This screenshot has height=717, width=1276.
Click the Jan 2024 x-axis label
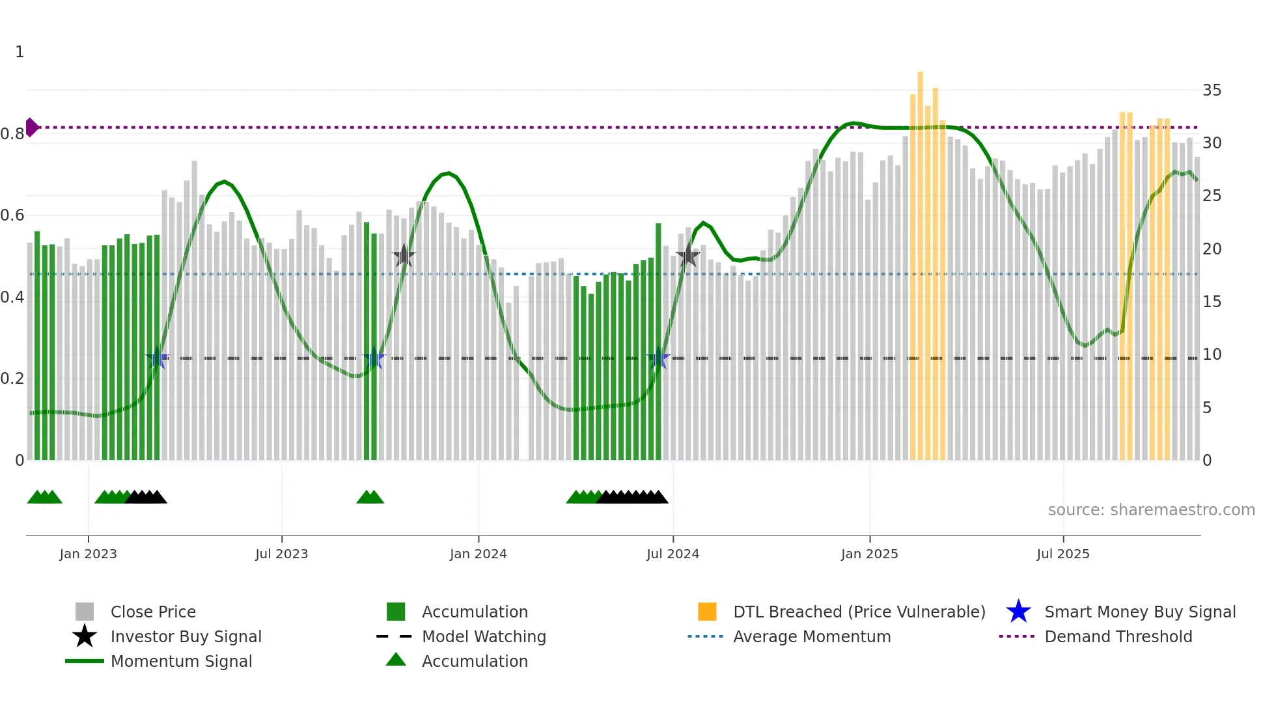[x=478, y=554]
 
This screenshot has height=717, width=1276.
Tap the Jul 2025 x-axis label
[x=1062, y=554]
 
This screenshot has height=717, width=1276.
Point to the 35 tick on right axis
[x=1212, y=90]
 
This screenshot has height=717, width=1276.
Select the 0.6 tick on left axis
[x=12, y=215]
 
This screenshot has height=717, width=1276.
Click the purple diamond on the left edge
[x=31, y=128]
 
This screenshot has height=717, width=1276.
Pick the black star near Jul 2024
[x=687, y=256]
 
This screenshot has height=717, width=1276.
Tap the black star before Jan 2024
[x=404, y=256]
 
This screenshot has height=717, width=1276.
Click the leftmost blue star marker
[x=157, y=358]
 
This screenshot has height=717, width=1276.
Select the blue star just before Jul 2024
[x=658, y=358]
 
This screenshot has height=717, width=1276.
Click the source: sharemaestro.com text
[x=1151, y=510]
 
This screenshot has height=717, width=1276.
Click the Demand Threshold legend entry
[x=1118, y=636]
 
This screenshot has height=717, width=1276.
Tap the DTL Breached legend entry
[x=859, y=612]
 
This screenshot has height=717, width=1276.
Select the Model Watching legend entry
[x=483, y=636]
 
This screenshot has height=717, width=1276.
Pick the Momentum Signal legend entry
[x=181, y=661]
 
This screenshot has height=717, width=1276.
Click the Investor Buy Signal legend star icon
[x=85, y=636]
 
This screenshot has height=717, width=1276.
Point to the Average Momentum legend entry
[x=811, y=636]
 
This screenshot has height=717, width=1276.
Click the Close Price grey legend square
[x=85, y=612]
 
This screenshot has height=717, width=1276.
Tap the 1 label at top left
[x=20, y=52]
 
